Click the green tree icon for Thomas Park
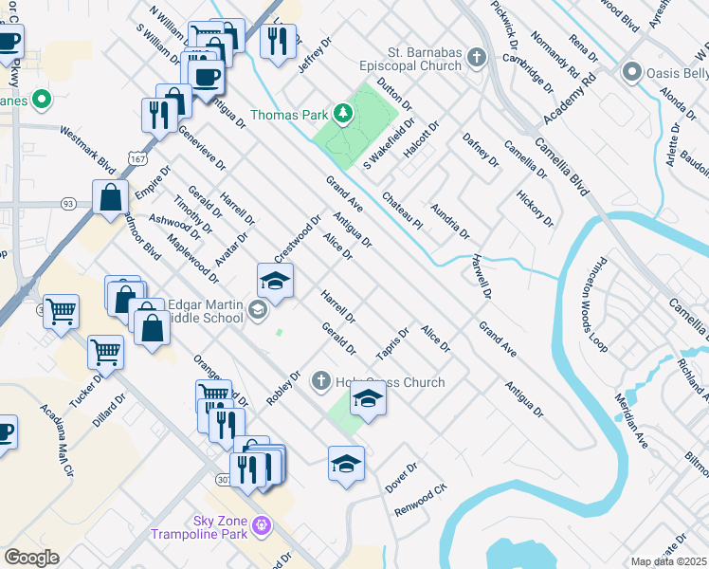343,116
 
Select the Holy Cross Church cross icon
320,382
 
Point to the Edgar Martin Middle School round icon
257,310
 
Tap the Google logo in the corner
31,558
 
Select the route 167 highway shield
139,157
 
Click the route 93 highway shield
68,204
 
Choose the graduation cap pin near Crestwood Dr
275,279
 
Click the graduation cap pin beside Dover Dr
347,462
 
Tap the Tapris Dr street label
391,343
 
